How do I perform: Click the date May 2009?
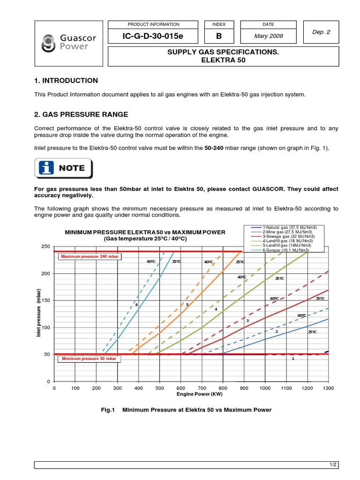click(269, 36)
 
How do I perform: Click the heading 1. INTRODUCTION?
click(66, 81)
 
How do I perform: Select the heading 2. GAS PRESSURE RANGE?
click(81, 115)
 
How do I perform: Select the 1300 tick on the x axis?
click(328, 389)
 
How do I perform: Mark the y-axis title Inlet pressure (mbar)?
click(39, 313)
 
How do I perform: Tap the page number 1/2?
click(333, 465)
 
